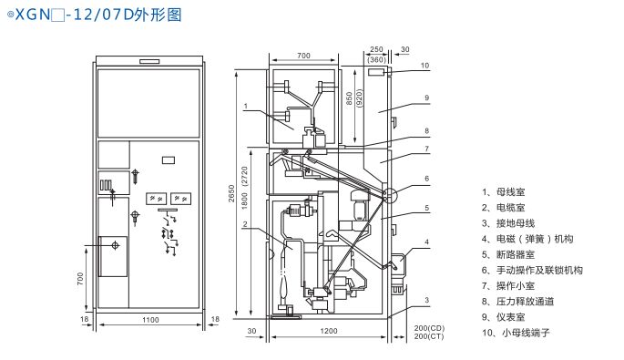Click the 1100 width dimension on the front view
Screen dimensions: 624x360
coord(150,320)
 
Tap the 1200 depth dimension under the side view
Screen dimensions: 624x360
coord(329,331)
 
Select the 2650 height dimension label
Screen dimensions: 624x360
coord(231,193)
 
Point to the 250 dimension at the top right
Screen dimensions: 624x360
coord(376,49)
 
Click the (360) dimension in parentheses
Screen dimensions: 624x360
coord(376,60)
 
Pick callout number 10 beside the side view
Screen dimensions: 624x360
coord(425,66)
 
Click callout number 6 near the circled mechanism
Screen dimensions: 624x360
coord(426,179)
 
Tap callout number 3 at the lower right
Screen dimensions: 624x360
coord(426,300)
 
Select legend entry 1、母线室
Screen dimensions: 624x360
coord(504,192)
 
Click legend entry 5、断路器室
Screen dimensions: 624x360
coord(508,254)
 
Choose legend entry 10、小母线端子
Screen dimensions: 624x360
coord(516,333)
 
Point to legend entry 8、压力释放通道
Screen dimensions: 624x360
coord(517,302)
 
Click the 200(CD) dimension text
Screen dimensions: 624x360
coord(429,328)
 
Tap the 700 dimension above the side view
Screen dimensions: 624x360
coord(303,56)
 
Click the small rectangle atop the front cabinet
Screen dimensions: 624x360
coord(149,62)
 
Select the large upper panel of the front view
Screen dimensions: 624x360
coord(148,104)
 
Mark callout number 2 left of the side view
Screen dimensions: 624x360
coord(245,224)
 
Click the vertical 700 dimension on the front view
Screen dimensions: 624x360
coord(80,278)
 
